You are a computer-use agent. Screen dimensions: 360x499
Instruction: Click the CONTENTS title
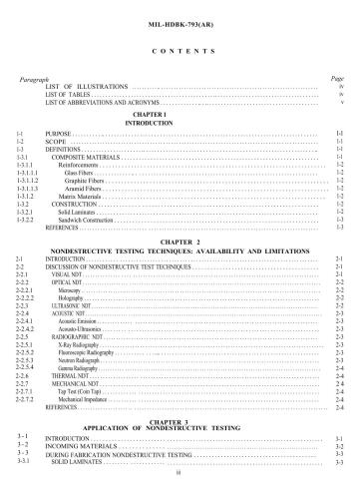(180, 48)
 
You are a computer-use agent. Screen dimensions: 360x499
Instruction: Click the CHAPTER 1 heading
(180, 114)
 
